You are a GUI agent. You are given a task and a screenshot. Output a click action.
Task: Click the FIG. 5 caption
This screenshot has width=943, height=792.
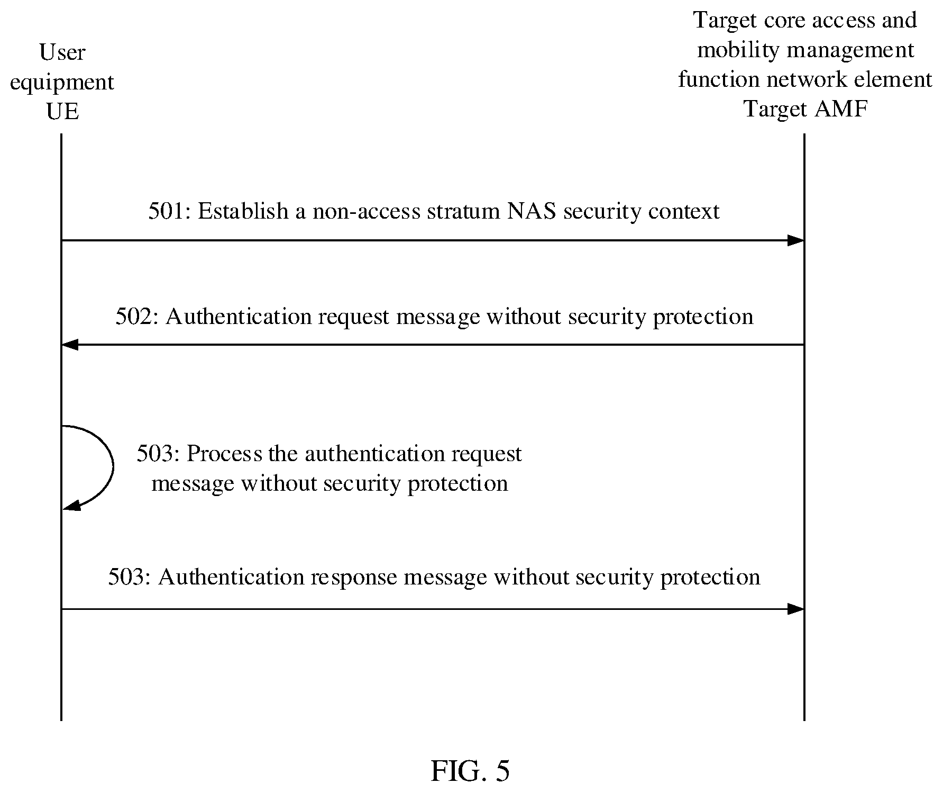[470, 771]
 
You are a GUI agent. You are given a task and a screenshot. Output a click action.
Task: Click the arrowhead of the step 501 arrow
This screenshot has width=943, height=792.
[796, 240]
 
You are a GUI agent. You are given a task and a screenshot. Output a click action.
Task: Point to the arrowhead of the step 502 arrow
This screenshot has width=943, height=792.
[70, 345]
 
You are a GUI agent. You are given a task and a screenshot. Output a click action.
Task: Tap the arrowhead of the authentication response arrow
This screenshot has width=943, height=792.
[796, 609]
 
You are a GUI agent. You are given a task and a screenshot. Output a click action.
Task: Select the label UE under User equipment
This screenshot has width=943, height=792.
[62, 112]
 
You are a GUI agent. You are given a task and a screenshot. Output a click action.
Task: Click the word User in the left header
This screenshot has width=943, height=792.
[62, 52]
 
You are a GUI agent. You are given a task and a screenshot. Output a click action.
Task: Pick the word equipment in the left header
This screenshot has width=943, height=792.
[62, 83]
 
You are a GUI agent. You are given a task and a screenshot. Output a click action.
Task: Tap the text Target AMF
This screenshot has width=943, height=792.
[805, 109]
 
